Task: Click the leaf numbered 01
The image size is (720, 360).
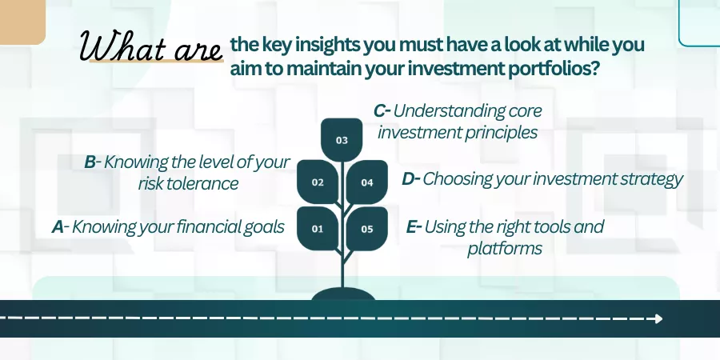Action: (x=318, y=228)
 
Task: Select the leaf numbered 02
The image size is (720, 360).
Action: (x=318, y=182)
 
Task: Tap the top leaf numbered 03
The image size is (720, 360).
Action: (x=342, y=140)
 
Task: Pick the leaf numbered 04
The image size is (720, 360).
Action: (x=367, y=182)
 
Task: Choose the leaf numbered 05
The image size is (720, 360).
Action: (x=367, y=228)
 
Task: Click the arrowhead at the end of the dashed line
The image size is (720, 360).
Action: (x=658, y=318)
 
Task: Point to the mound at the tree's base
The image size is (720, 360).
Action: (x=343, y=294)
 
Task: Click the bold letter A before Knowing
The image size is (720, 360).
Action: (x=58, y=227)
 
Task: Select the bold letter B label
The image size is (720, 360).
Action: (x=90, y=162)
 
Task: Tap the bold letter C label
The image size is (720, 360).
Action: (x=379, y=110)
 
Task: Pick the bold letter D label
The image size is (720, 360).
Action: (x=408, y=179)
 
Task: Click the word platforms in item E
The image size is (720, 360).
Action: (x=505, y=249)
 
